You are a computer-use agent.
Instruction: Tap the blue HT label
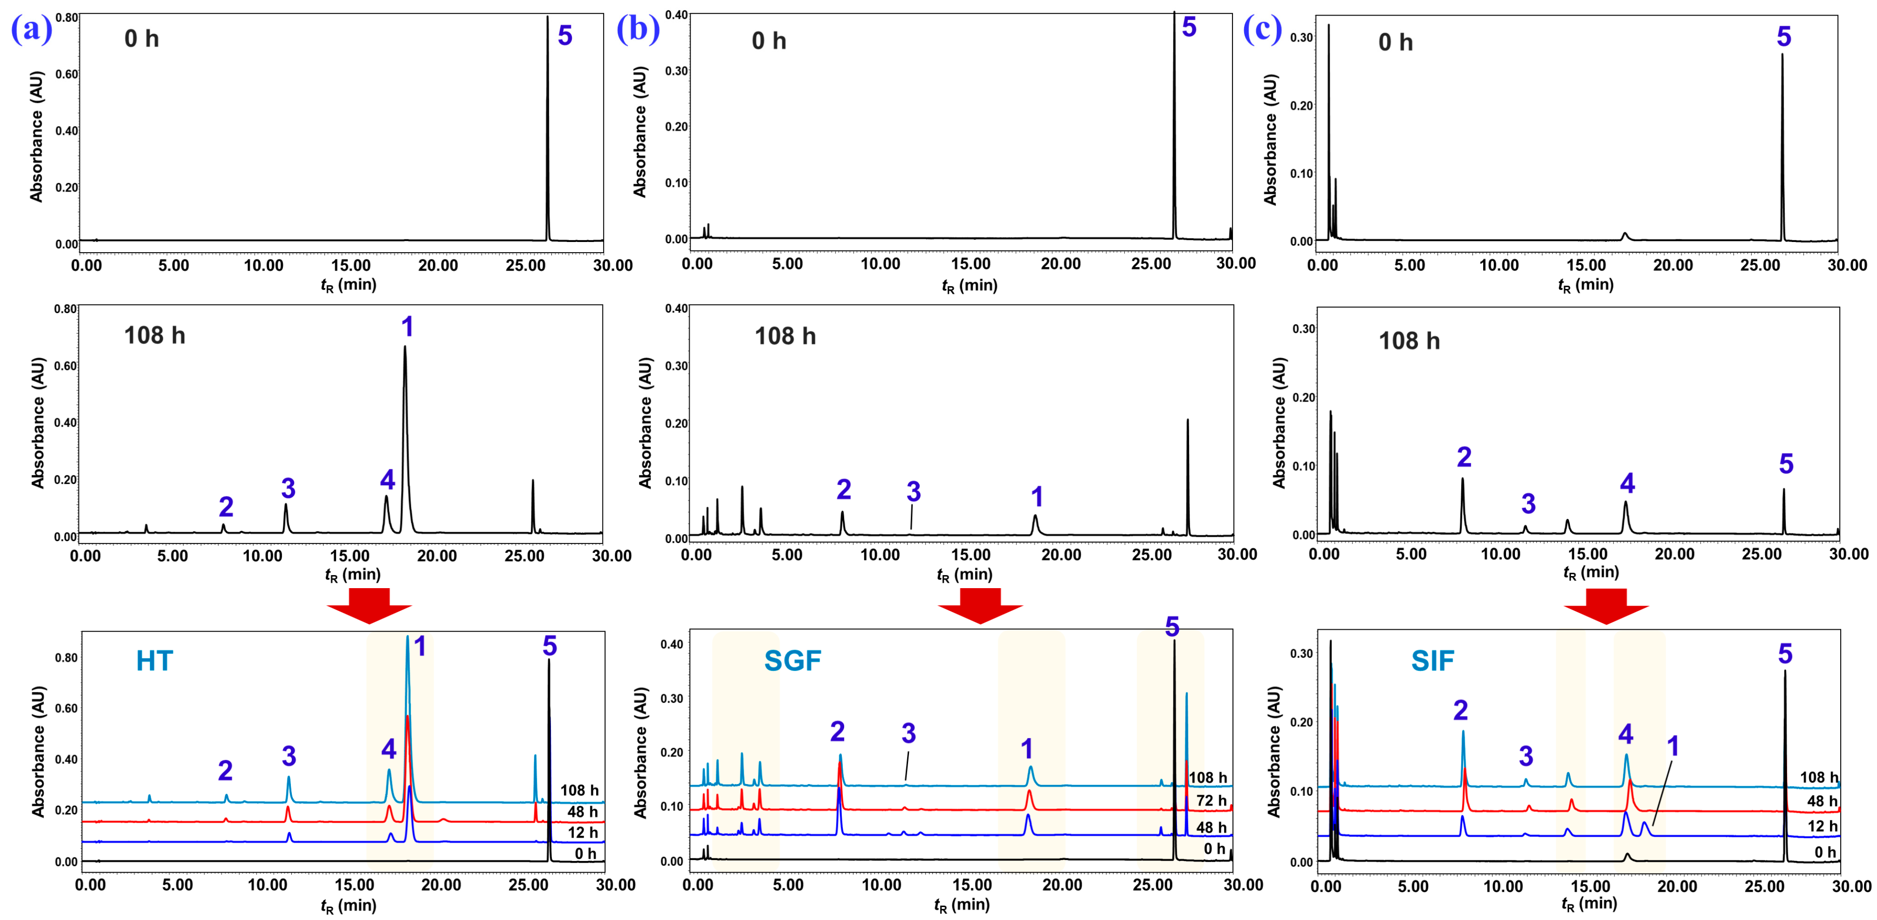154,661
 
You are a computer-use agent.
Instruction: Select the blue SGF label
792,661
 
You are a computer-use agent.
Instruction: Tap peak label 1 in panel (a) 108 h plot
407,327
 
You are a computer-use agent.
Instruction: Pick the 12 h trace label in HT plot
582,833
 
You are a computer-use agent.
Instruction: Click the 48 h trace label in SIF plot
1822,801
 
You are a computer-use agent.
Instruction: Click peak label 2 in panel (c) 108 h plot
1464,458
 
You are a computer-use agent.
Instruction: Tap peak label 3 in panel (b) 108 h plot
913,492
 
